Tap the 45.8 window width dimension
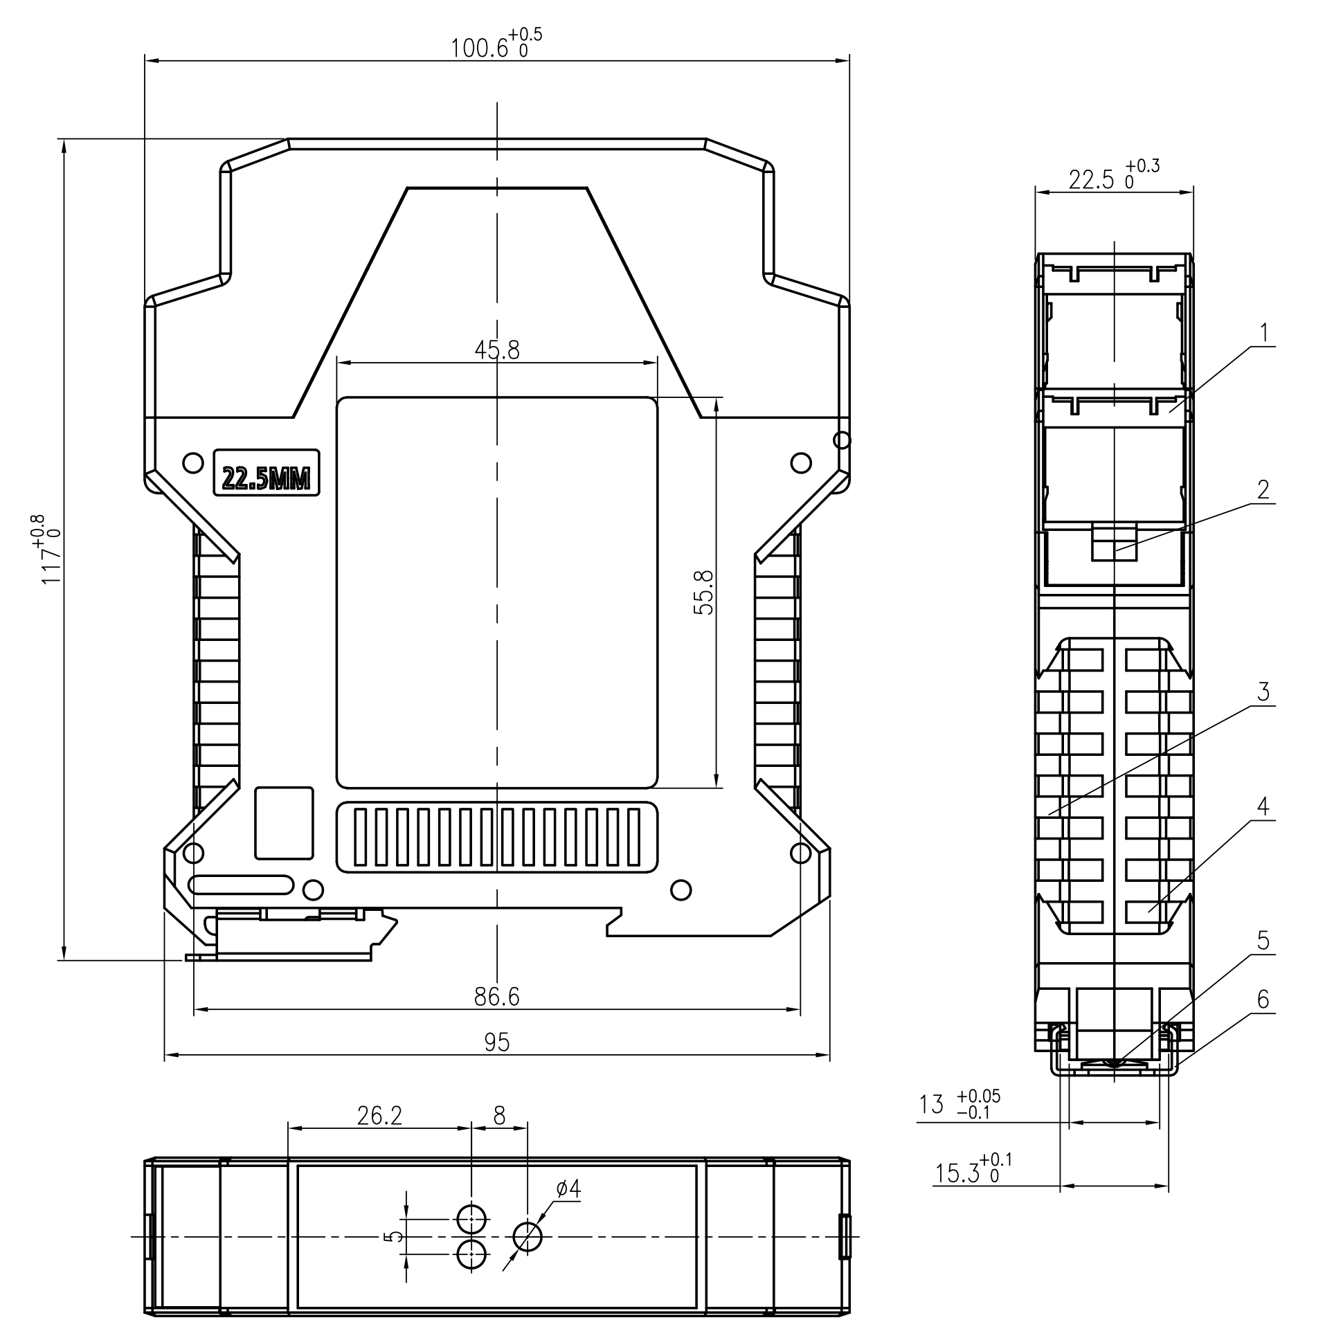point(496,350)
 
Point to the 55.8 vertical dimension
point(703,592)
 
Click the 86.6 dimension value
point(496,997)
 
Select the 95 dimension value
point(496,1042)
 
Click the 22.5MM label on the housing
point(266,478)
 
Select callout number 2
point(1263,489)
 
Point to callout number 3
point(1263,691)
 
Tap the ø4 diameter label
point(568,1189)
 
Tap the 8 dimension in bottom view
point(499,1115)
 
